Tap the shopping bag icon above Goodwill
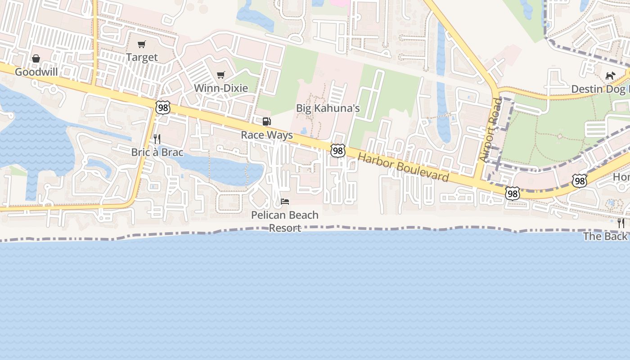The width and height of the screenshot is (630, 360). tap(36, 58)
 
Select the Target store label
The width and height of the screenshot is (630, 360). tap(142, 57)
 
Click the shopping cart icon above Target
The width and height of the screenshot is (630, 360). tap(142, 44)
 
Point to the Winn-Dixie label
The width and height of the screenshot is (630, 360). tap(221, 88)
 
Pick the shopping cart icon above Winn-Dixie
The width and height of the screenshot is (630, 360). tap(220, 75)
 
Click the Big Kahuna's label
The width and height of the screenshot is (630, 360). tap(328, 108)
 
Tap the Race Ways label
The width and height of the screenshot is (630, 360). tap(267, 135)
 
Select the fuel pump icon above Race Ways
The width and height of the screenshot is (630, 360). tap(267, 121)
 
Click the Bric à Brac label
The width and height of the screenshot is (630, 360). tap(157, 152)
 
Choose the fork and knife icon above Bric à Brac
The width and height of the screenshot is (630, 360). tap(157, 139)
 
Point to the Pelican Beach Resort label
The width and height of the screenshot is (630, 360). tap(285, 221)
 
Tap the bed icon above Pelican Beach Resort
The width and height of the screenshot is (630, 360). tap(285, 201)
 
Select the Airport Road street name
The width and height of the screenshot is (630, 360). tap(490, 130)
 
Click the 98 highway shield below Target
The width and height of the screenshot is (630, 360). tap(163, 108)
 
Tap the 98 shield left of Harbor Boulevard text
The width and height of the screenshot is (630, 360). tap(338, 151)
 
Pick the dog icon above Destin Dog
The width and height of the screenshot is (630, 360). tap(610, 76)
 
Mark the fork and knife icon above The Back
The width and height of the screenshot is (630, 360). tap(621, 223)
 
